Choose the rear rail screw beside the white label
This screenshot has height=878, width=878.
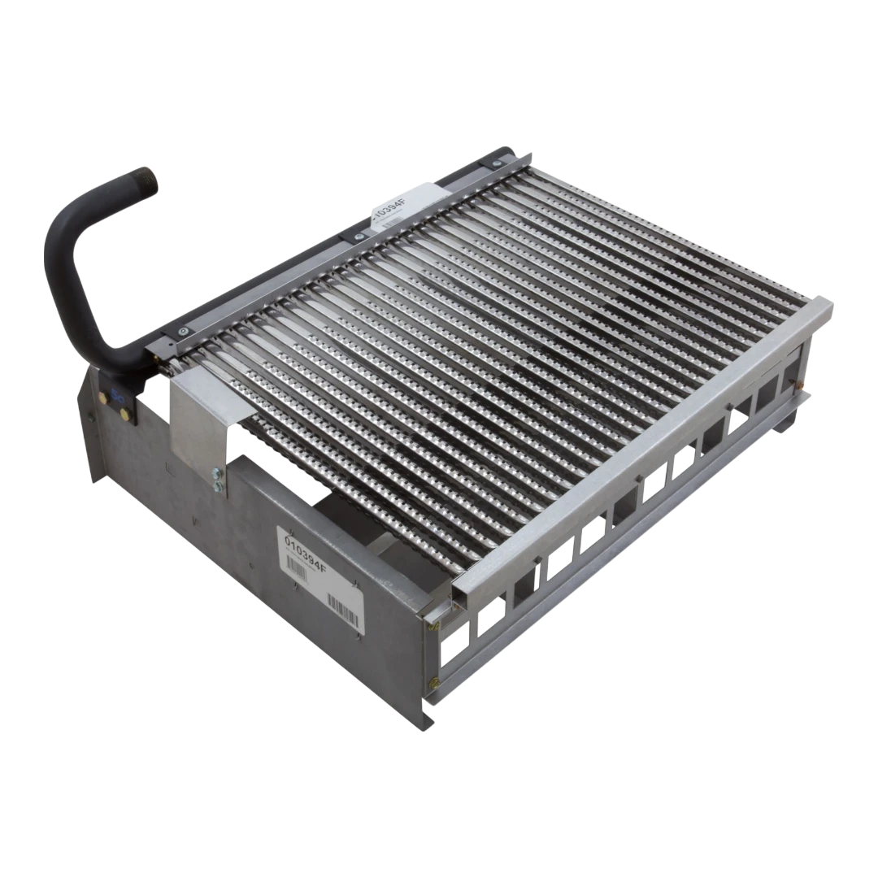354,236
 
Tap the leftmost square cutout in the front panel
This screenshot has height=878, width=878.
450,642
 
